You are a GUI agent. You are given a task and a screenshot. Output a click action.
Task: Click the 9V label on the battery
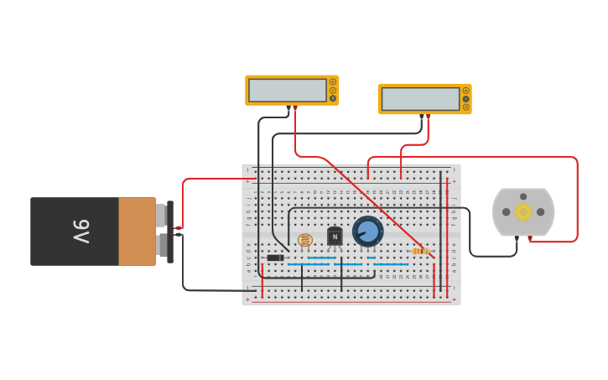pos(81,232)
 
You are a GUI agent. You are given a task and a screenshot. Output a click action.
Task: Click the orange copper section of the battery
pos(137,232)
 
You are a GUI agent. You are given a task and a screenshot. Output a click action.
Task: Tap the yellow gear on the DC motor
pos(523,211)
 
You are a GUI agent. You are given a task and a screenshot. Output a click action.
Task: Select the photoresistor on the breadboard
pos(305,241)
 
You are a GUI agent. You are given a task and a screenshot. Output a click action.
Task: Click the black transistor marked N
pos(335,237)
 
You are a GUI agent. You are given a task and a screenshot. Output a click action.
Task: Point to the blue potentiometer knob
pos(367,231)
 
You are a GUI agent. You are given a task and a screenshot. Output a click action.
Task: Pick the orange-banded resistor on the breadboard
pos(421,251)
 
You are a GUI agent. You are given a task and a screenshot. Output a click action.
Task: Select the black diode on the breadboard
pos(274,258)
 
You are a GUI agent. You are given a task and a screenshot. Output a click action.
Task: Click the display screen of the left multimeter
pos(287,90)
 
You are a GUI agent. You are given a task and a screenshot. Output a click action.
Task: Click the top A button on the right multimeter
pos(465,91)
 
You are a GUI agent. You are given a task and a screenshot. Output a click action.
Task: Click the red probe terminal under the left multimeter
pos(294,108)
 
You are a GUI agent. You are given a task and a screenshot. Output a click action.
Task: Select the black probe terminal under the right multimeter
pos(422,117)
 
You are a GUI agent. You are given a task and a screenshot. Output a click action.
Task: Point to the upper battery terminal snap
pos(161,216)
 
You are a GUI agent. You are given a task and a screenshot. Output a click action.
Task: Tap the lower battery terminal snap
pos(161,245)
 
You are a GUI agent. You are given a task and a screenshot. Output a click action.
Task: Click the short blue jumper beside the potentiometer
pos(371,258)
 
